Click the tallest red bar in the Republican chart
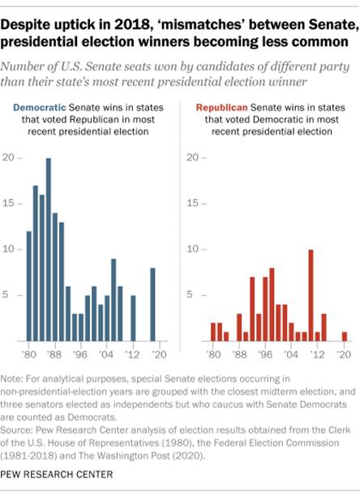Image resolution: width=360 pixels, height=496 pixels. pyautogui.click(x=311, y=295)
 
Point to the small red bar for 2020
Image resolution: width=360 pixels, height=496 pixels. pyautogui.click(x=344, y=336)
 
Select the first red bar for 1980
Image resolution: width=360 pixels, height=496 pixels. pyautogui.click(x=212, y=331)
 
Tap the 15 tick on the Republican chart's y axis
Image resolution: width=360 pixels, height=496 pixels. pyautogui.click(x=195, y=203)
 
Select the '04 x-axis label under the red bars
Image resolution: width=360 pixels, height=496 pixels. pyautogui.click(x=291, y=354)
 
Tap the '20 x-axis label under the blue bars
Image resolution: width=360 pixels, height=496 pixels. pyautogui.click(x=159, y=354)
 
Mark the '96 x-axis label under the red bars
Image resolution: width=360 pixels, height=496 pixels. pyautogui.click(x=264, y=354)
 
